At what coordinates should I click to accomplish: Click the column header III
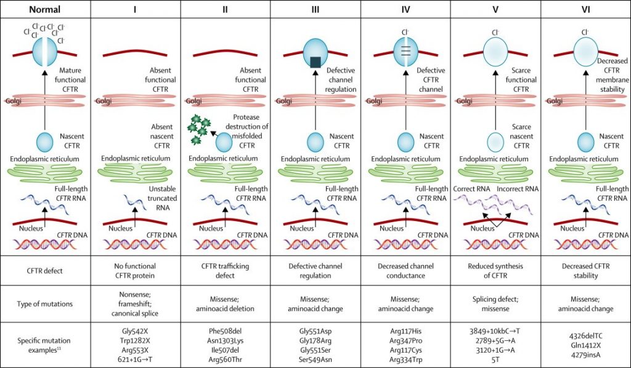315,9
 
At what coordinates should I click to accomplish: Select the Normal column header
44,9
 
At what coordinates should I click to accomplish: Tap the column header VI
586,9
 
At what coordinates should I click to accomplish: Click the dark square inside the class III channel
315,62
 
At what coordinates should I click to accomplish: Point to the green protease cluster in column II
199,129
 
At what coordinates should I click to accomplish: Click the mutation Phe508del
226,332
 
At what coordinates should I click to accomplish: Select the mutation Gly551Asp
315,332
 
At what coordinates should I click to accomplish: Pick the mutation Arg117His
405,332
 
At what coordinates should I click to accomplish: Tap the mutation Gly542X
135,332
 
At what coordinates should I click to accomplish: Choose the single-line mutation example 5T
495,359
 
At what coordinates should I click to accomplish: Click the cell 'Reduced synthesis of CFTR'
495,271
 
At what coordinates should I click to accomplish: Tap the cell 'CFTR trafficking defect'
226,271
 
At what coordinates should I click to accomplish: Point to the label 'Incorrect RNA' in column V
518,189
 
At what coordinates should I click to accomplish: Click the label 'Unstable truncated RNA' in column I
163,198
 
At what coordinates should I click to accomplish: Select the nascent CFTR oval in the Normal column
44,142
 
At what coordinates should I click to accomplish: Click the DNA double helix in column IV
405,244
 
